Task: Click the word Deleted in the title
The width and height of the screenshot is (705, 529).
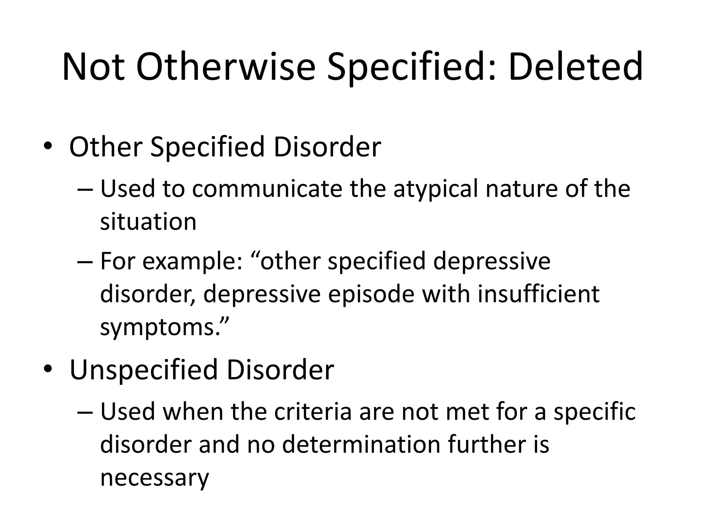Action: tap(575, 66)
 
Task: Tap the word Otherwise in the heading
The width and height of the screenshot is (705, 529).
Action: tap(225, 66)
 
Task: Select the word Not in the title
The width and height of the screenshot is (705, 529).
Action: tap(93, 66)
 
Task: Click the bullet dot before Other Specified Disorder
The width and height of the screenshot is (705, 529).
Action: tap(48, 147)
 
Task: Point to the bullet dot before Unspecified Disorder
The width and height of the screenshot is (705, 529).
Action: tap(48, 370)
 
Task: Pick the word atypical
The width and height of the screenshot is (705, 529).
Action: tap(435, 189)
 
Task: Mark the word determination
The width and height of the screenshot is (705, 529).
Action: tap(361, 445)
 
